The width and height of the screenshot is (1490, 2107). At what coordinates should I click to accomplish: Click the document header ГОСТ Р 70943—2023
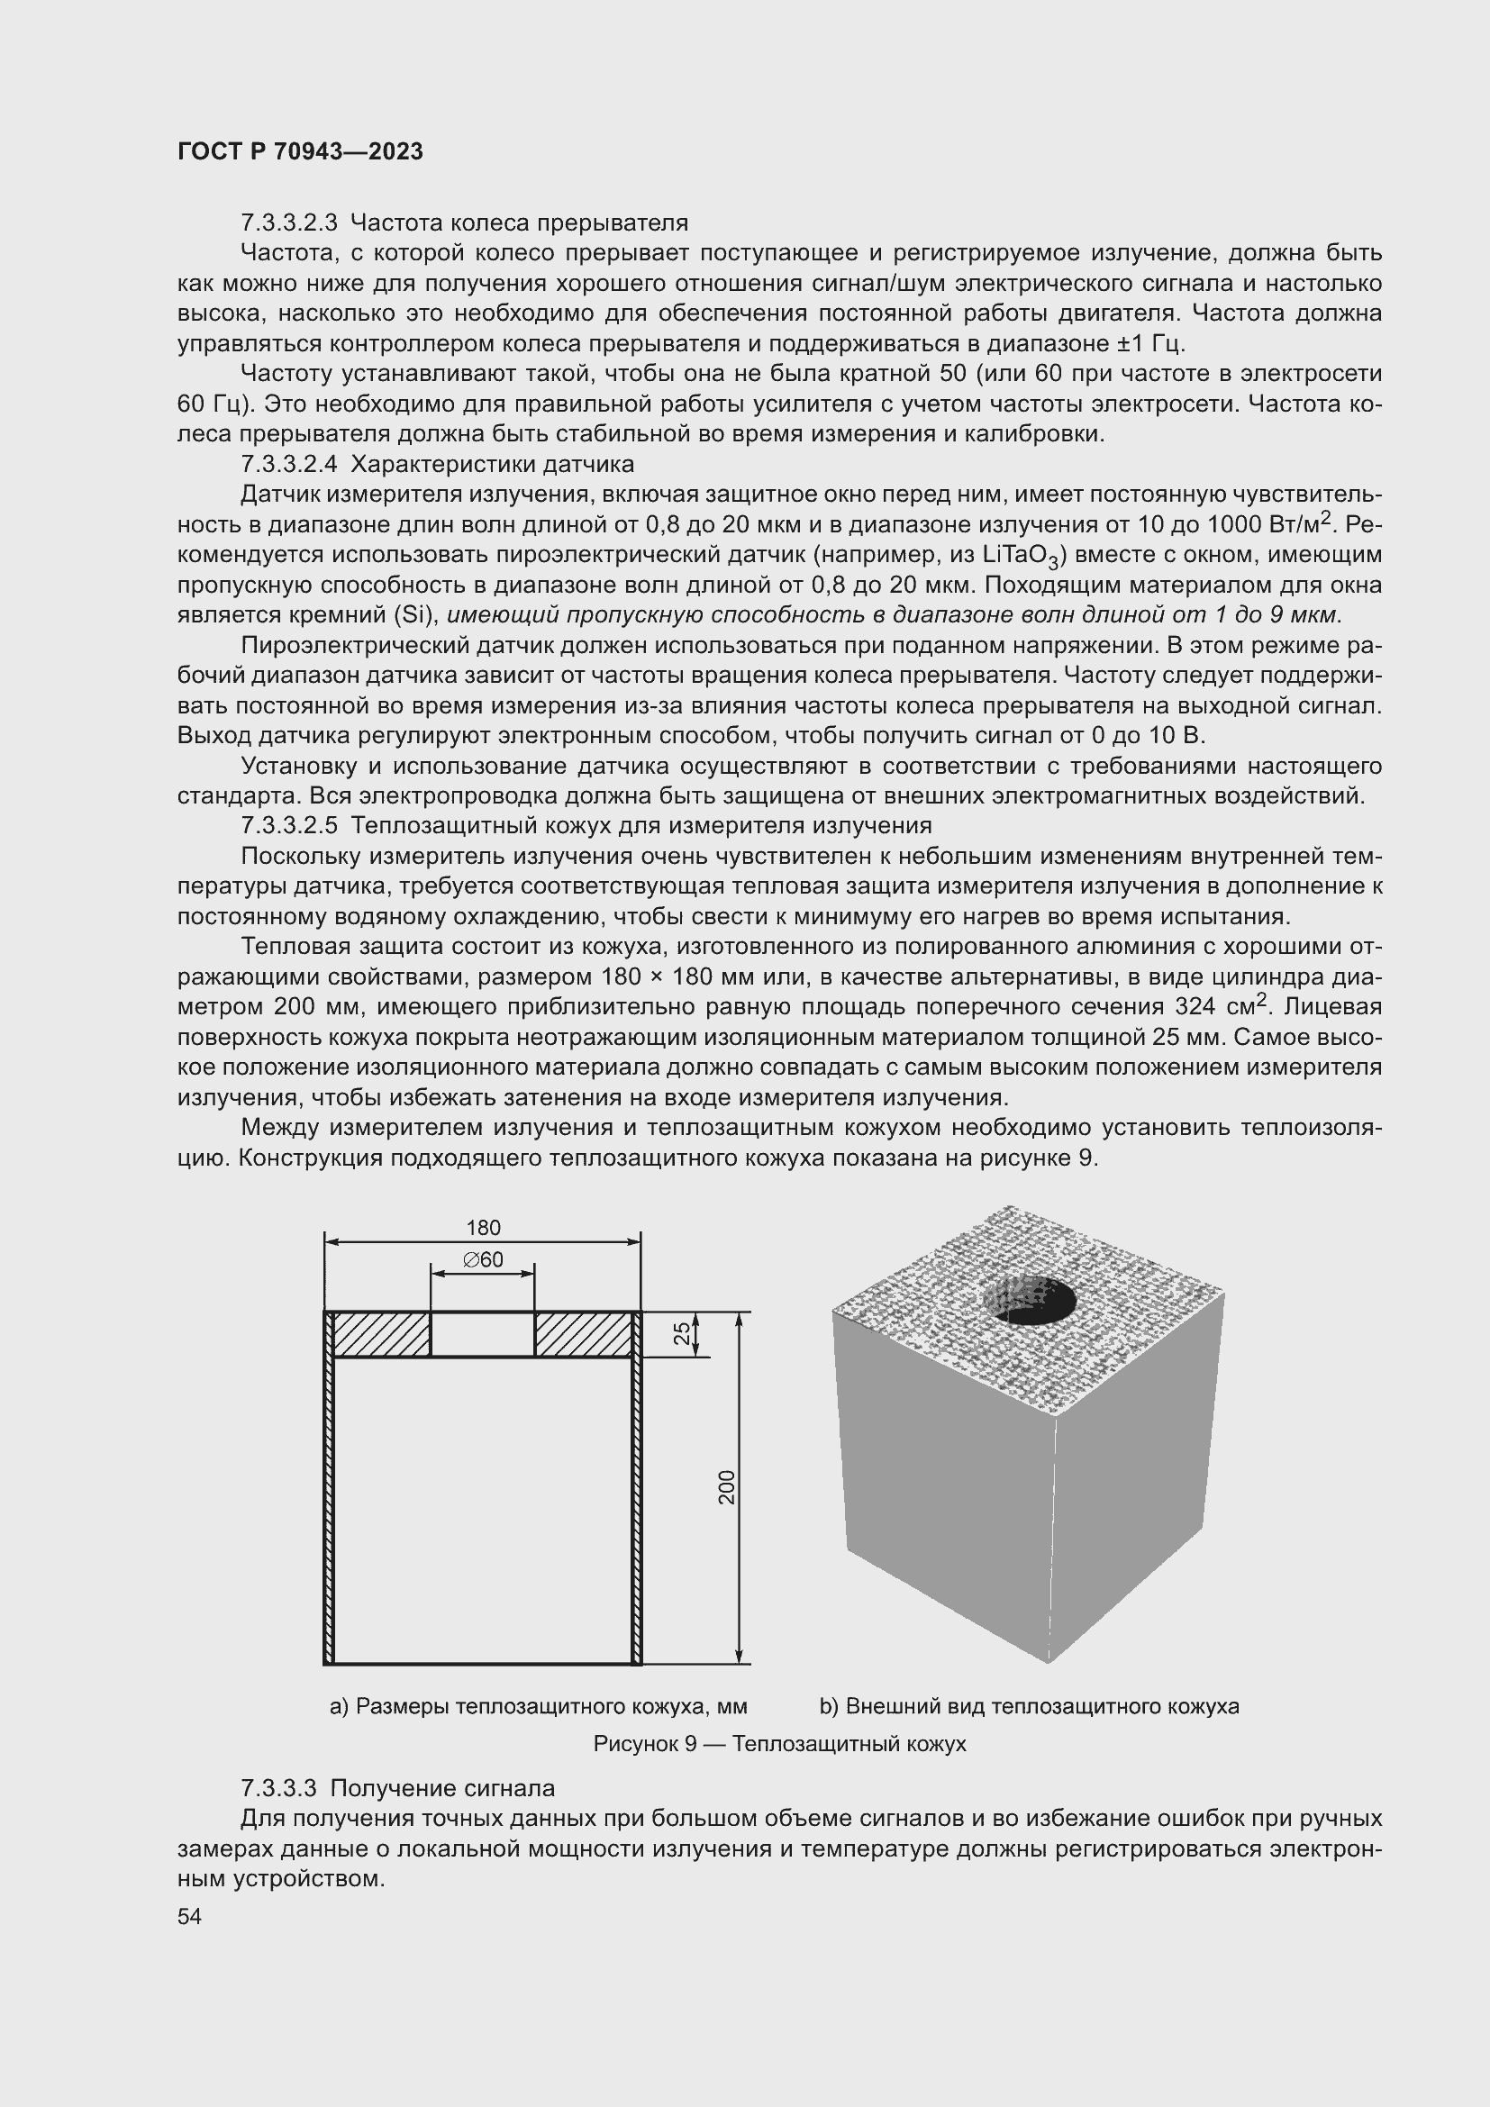[300, 151]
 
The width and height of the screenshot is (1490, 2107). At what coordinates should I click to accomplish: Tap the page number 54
[189, 1916]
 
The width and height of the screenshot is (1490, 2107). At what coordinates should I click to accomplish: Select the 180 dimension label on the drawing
[483, 1228]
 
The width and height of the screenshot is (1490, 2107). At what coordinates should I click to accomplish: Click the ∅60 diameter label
[483, 1260]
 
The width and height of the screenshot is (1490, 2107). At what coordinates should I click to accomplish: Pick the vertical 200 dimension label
[727, 1487]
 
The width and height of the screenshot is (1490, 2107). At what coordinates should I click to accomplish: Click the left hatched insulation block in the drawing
[381, 1334]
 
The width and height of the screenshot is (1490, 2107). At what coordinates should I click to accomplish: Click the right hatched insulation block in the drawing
[584, 1334]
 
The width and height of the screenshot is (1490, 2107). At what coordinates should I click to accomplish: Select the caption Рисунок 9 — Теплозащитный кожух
[779, 1744]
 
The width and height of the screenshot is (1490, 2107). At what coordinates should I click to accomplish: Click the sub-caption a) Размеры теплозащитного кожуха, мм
[538, 1706]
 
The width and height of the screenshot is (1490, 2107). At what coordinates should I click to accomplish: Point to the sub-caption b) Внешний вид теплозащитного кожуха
[1029, 1706]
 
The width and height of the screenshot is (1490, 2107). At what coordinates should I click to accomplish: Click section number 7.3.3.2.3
[289, 223]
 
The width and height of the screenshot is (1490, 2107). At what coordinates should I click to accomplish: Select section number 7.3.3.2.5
[289, 826]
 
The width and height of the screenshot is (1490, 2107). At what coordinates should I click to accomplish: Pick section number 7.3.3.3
[278, 1789]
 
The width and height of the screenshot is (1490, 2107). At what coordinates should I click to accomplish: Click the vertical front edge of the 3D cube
[1052, 1541]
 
